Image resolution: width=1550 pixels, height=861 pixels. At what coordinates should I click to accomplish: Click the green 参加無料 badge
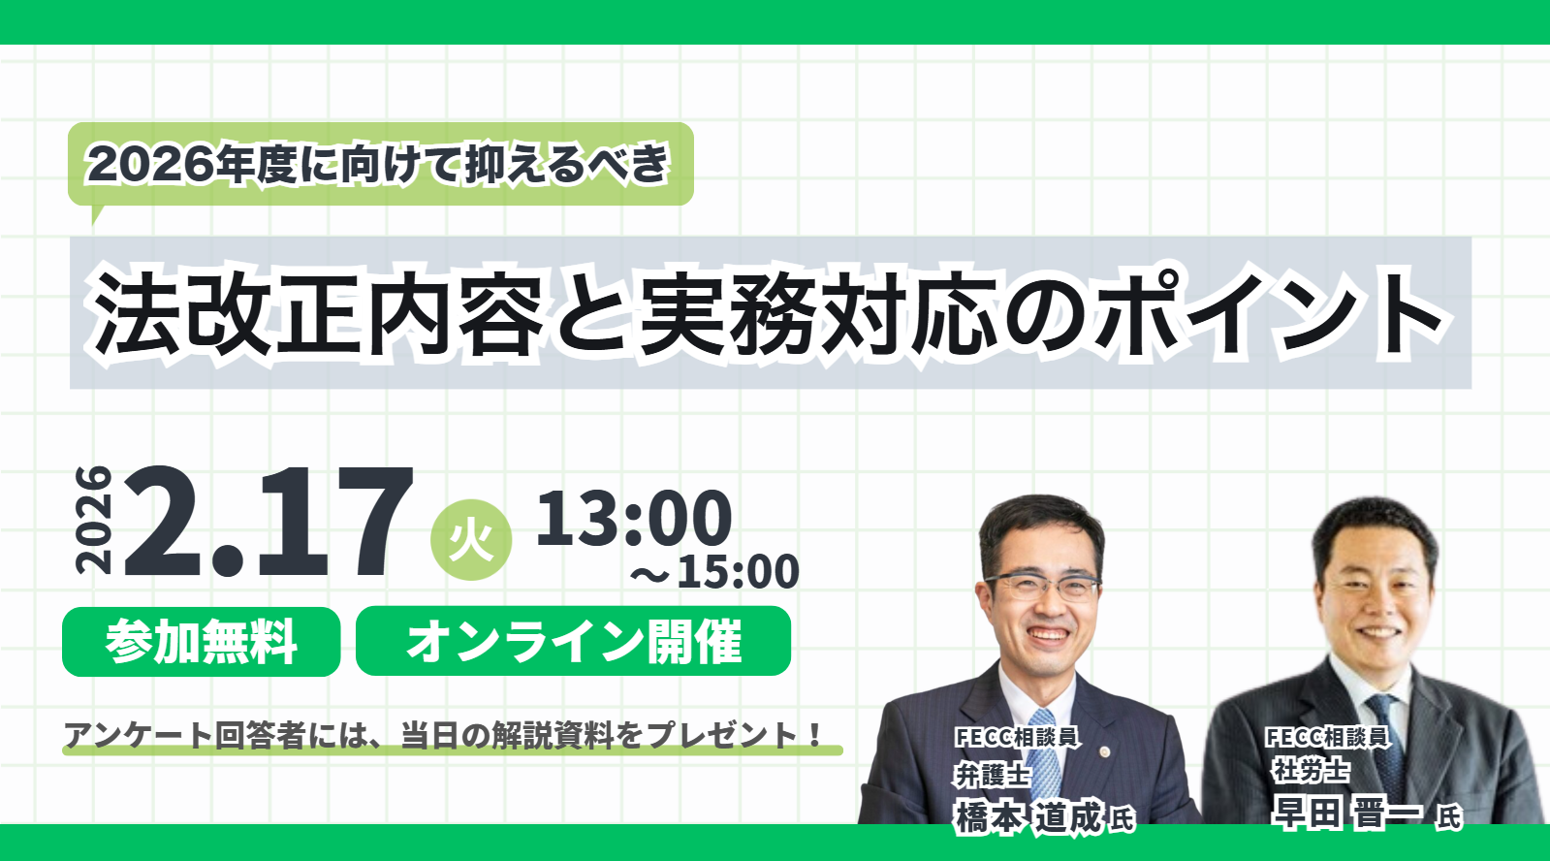[x=202, y=642]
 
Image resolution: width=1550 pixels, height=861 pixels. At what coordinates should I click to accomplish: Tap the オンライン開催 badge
[x=574, y=641]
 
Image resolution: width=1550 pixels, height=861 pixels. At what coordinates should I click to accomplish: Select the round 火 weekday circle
[x=471, y=540]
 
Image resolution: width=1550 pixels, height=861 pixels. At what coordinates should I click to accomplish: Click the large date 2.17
[x=269, y=522]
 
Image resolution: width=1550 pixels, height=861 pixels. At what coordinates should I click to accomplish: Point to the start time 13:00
[x=634, y=517]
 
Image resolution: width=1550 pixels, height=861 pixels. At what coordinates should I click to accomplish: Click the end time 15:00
[x=738, y=572]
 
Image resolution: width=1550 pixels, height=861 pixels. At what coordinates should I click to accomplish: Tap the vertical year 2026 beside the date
[x=93, y=520]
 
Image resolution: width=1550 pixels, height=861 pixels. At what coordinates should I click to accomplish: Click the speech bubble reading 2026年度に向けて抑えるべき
[x=381, y=165]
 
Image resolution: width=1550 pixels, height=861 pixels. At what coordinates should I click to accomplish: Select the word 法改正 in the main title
[x=229, y=313]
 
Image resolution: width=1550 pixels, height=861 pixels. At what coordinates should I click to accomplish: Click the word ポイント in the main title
[x=1271, y=313]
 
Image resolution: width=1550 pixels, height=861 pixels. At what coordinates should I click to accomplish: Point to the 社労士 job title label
[x=1311, y=770]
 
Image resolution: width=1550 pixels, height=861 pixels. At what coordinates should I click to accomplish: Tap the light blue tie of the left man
[x=1044, y=754]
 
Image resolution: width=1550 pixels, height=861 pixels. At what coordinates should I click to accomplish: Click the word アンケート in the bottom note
[x=139, y=735]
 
